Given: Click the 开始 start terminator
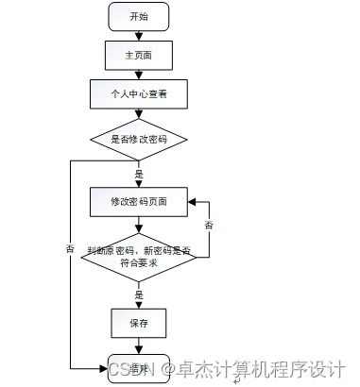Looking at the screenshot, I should click(x=138, y=17).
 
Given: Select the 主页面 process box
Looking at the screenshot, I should click(x=138, y=56).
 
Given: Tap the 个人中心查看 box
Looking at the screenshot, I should click(x=138, y=94).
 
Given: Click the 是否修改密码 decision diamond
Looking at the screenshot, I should click(x=138, y=139).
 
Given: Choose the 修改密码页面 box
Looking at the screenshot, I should click(x=138, y=201).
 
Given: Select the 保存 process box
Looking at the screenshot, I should click(x=138, y=322).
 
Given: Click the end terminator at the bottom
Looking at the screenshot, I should click(x=138, y=367).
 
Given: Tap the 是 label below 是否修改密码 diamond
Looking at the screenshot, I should click(x=139, y=174).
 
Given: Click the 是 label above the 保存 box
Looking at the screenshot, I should click(x=139, y=294).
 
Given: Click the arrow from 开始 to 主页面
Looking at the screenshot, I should click(x=138, y=35).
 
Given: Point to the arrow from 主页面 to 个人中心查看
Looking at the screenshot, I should click(x=138, y=75).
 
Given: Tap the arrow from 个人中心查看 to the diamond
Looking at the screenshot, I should click(x=138, y=113).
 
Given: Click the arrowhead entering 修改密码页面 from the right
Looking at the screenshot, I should click(x=190, y=201).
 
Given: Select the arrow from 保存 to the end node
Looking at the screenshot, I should click(x=138, y=345).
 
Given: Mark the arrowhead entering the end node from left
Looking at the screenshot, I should click(x=105, y=367).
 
